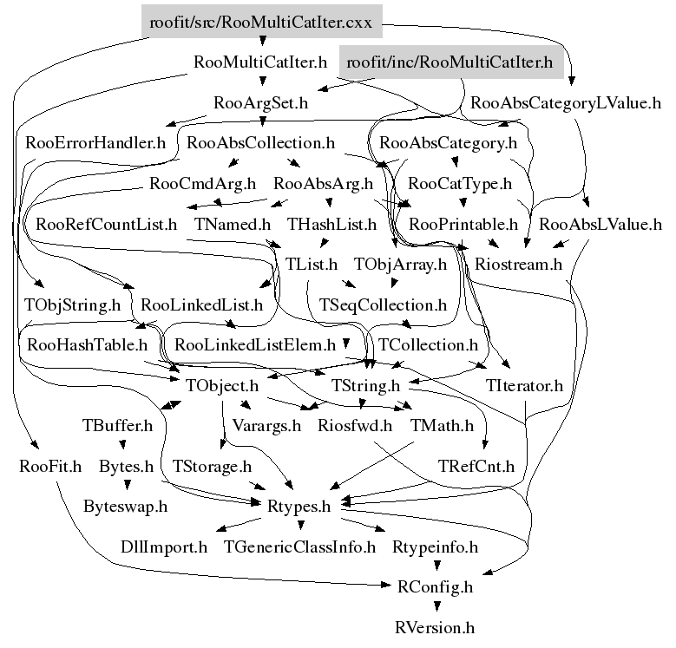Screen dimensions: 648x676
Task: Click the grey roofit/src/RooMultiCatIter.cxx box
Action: pyautogui.click(x=261, y=23)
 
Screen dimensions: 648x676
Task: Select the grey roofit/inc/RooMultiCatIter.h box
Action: pyautogui.click(x=450, y=63)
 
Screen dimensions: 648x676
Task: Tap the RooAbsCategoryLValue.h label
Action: pyautogui.click(x=572, y=103)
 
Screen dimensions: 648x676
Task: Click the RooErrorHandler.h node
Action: pyautogui.click(x=95, y=142)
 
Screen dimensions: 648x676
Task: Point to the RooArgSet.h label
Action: pyautogui.click(x=261, y=103)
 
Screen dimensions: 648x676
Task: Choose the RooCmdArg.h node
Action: pyautogui.click(x=202, y=184)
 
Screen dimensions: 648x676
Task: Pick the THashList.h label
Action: pyautogui.click(x=332, y=225)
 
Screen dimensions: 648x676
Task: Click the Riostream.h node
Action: pyautogui.click(x=520, y=264)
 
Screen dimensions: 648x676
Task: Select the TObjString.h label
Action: pyautogui.click(x=72, y=305)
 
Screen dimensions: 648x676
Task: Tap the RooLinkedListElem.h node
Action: pyautogui.click(x=255, y=345)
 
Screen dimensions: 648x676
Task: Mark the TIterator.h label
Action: pyautogui.click(x=525, y=385)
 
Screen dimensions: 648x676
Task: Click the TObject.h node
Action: pyautogui.click(x=222, y=385)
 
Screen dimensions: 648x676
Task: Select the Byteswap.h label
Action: pyautogui.click(x=126, y=507)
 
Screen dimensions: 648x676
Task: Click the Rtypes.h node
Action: pyautogui.click(x=297, y=507)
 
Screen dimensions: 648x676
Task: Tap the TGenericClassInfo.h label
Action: pyautogui.click(x=299, y=547)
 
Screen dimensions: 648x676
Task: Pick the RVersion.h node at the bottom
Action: pyautogui.click(x=435, y=627)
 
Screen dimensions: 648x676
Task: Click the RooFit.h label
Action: pyautogui.click(x=50, y=467)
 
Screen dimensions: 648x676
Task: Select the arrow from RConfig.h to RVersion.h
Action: pyautogui.click(x=435, y=606)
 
